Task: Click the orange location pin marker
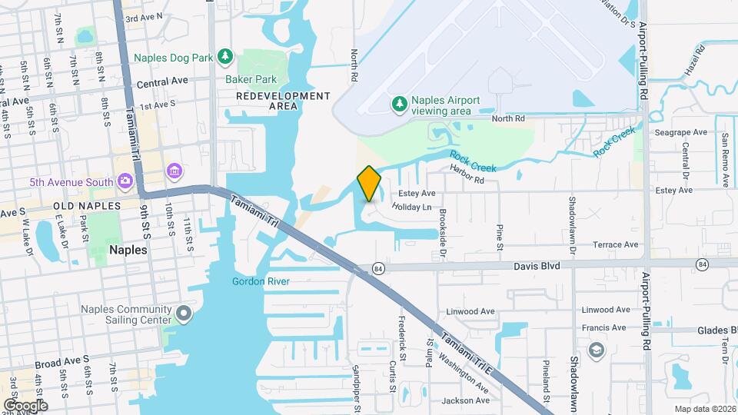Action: click(369, 183)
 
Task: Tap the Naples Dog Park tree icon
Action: click(224, 56)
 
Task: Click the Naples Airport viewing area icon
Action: click(399, 105)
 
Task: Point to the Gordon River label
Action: click(261, 282)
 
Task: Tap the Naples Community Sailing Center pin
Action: click(183, 313)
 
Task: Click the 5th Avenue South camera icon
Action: click(125, 181)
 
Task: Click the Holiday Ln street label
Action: click(412, 207)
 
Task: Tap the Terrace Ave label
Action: click(616, 244)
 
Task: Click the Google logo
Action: click(25, 406)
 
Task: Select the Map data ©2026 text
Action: click(704, 409)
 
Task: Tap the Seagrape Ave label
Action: click(680, 132)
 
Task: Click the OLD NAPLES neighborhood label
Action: click(88, 206)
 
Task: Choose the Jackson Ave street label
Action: click(466, 400)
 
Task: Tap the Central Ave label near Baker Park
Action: click(162, 81)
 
